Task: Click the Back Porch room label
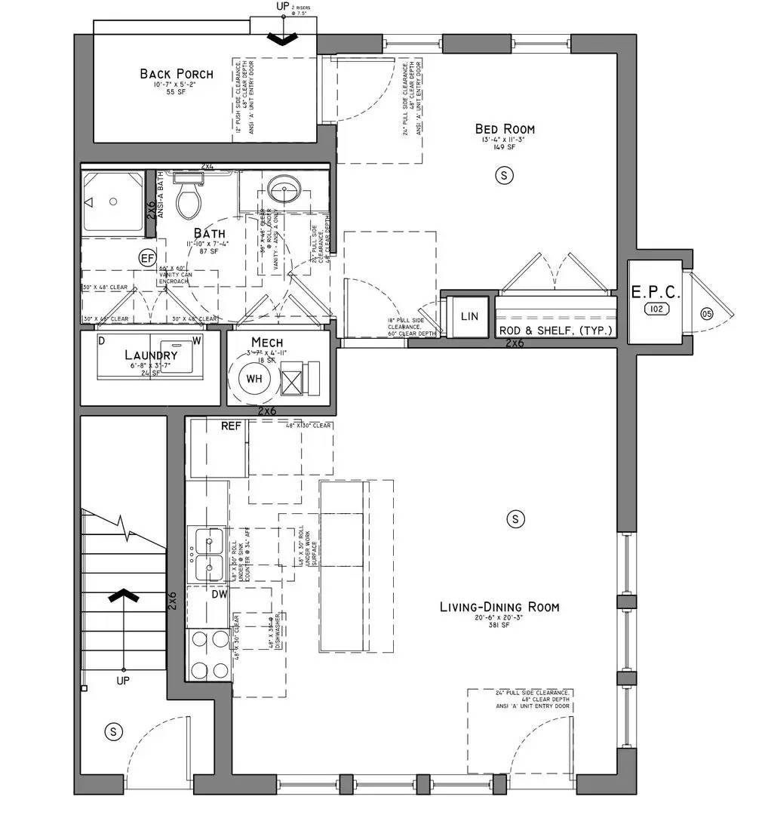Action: pos(176,74)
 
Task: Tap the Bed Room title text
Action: pos(505,129)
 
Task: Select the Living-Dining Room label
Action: pos(499,607)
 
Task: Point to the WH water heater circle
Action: pos(253,379)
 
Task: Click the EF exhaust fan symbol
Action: pos(148,258)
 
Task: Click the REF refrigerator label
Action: pos(231,426)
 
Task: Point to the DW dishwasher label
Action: pos(219,595)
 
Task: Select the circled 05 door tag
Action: pos(706,314)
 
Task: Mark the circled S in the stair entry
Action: pos(112,730)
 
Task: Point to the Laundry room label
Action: pos(151,355)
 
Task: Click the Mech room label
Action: pos(267,342)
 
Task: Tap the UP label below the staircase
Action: pos(123,680)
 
